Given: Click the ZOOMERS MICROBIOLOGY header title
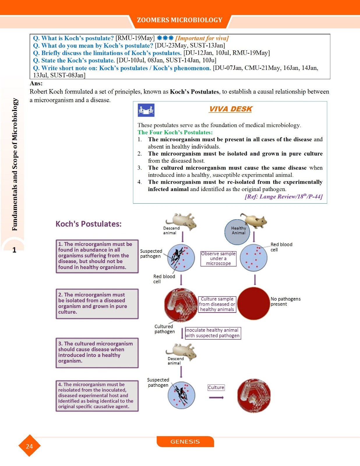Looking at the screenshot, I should tap(180, 20).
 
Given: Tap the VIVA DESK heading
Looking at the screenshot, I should tap(230, 109).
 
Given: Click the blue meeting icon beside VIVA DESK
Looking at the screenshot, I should tap(146, 110).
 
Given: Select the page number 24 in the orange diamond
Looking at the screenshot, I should tap(29, 446).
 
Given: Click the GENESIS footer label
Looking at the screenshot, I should tap(185, 442).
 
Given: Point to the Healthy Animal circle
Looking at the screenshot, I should tap(237, 232).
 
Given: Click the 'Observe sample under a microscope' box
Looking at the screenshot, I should tap(218, 259).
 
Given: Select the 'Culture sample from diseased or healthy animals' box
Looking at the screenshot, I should tap(217, 304).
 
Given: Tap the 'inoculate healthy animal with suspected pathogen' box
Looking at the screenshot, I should tap(213, 333).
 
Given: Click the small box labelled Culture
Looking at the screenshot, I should tap(216, 387).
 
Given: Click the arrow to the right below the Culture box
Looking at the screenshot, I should tap(216, 398).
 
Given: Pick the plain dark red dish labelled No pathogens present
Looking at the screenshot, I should tap(253, 304).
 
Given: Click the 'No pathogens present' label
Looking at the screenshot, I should tap(285, 301).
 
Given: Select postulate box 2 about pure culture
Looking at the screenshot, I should tap(97, 303).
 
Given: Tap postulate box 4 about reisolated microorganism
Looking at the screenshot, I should tap(97, 396).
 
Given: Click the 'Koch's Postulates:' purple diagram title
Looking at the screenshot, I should tap(89, 224).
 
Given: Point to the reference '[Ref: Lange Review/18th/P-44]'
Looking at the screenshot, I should tap(283, 197).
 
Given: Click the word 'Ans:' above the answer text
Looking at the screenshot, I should tap(36, 84).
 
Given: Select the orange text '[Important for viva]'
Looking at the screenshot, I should tap(202, 38).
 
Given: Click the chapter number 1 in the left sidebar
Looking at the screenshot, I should tap(14, 250).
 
